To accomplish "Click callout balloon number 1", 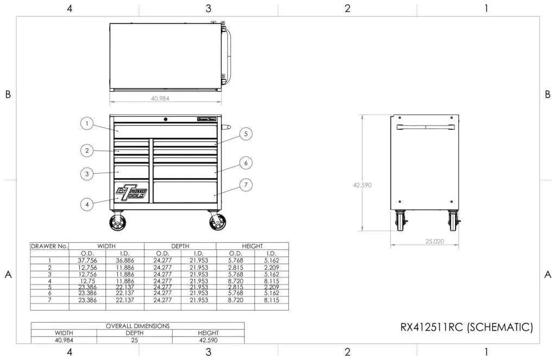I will (86, 123).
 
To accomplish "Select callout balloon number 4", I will (86, 204).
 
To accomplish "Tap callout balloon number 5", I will (245, 134).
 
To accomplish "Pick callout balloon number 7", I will (245, 185).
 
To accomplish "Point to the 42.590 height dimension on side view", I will (362, 185).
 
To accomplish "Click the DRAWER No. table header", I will (49, 246).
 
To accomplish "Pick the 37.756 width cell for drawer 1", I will (87, 260).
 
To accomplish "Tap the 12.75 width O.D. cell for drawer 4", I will (87, 281).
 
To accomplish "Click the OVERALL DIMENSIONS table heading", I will (137, 326).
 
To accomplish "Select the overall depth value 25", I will (134, 340).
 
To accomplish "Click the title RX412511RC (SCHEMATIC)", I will (466, 327).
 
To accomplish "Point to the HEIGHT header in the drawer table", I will (252, 246).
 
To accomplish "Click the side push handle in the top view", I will (230, 54).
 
